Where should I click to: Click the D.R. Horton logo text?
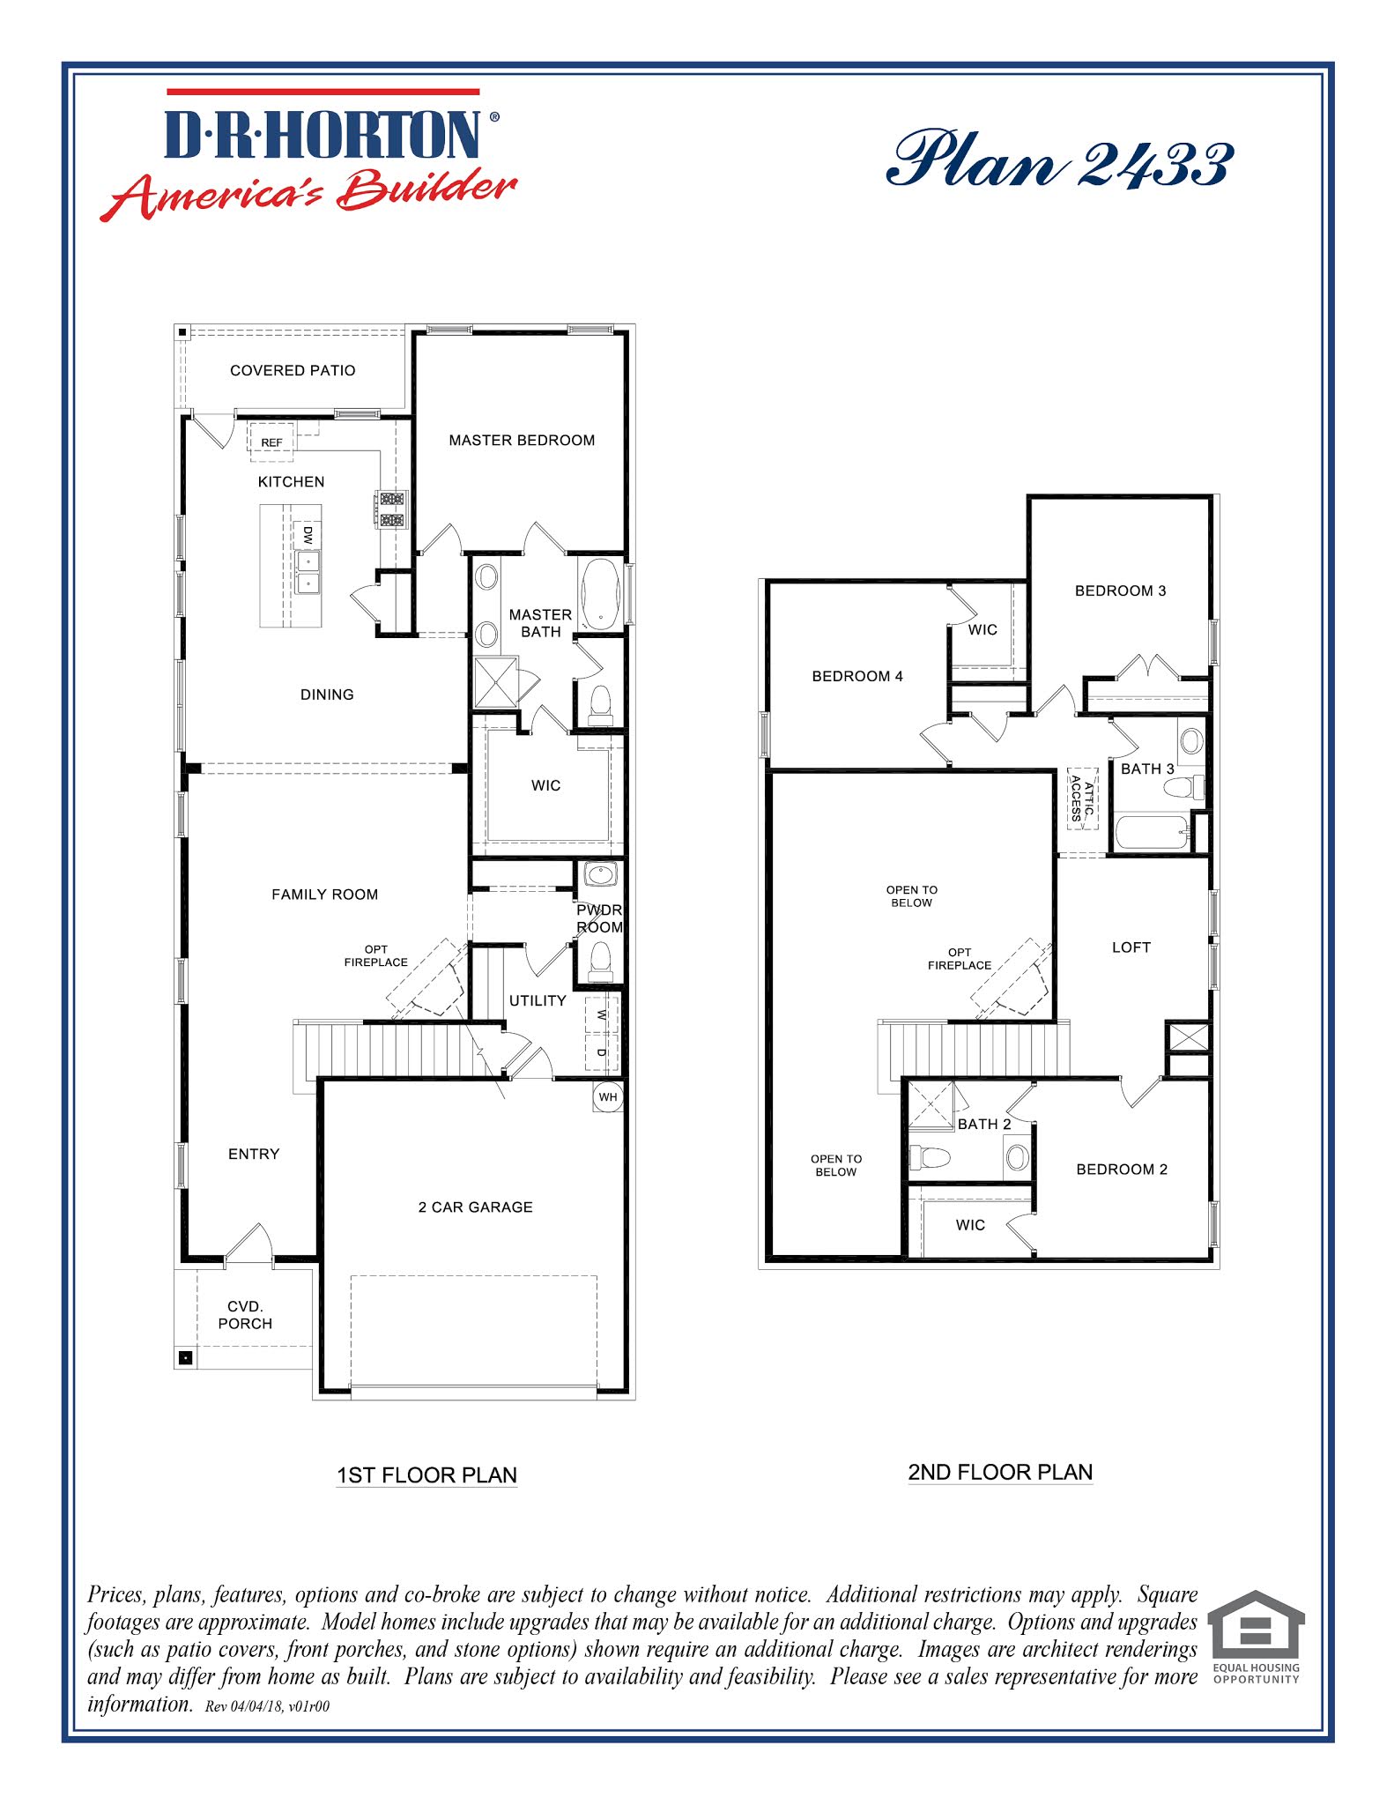323,135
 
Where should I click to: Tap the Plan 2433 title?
1059,160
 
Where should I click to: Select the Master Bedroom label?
522,440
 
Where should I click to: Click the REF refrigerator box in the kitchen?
271,442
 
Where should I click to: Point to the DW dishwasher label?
308,534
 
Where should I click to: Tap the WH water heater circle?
608,1097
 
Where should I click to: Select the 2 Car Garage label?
475,1207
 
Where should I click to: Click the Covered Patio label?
293,370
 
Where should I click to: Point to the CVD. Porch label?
245,1314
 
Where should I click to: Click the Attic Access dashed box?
1082,799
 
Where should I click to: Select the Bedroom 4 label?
857,676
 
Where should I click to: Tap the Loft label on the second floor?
1131,947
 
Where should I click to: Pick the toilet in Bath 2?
931,1156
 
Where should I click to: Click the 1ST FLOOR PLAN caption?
426,1474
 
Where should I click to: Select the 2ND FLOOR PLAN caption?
1000,1472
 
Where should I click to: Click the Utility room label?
538,1000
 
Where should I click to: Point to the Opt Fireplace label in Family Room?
375,955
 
